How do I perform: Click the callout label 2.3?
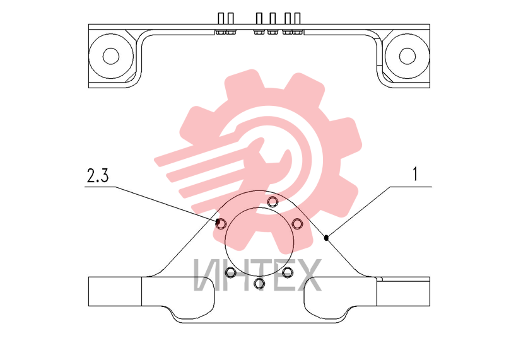coord(98,175)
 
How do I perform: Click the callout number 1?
coord(415,174)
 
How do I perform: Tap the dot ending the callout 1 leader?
coord(326,238)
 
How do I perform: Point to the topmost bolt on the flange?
coord(272,202)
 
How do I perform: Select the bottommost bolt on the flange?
coord(259,283)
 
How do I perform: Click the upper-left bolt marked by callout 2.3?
coord(221,224)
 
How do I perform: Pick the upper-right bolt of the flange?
coord(297,224)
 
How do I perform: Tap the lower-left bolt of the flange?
coord(230,272)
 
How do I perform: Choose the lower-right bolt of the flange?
coord(288,272)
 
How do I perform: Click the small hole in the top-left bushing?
coord(111,56)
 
